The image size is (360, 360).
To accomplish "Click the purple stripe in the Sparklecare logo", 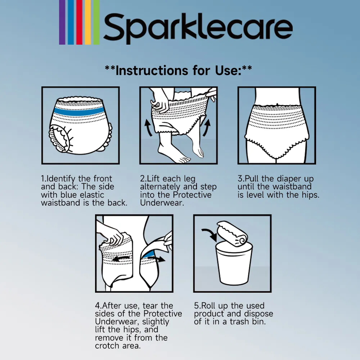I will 62,22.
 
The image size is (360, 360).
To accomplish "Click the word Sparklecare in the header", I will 198,28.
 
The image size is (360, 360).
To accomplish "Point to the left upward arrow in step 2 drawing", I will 148,128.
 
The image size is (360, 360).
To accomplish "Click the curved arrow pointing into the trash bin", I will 209,233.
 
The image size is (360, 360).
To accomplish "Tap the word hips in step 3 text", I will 310,195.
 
